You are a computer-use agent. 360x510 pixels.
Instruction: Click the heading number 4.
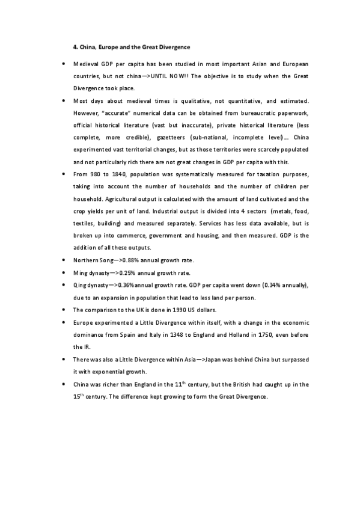click(x=75, y=46)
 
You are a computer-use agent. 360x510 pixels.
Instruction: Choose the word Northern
click(x=85, y=260)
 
